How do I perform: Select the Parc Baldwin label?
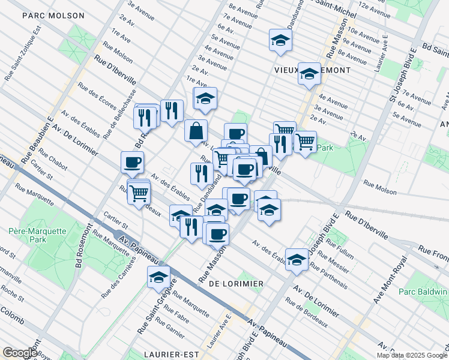click(423, 292)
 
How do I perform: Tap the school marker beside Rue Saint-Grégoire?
click(158, 277)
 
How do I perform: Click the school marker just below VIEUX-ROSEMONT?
click(309, 74)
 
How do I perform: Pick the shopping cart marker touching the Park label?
click(305, 142)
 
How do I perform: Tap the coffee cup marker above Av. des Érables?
click(132, 162)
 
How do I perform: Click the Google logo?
click(19, 353)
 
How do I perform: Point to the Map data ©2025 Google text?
click(412, 355)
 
